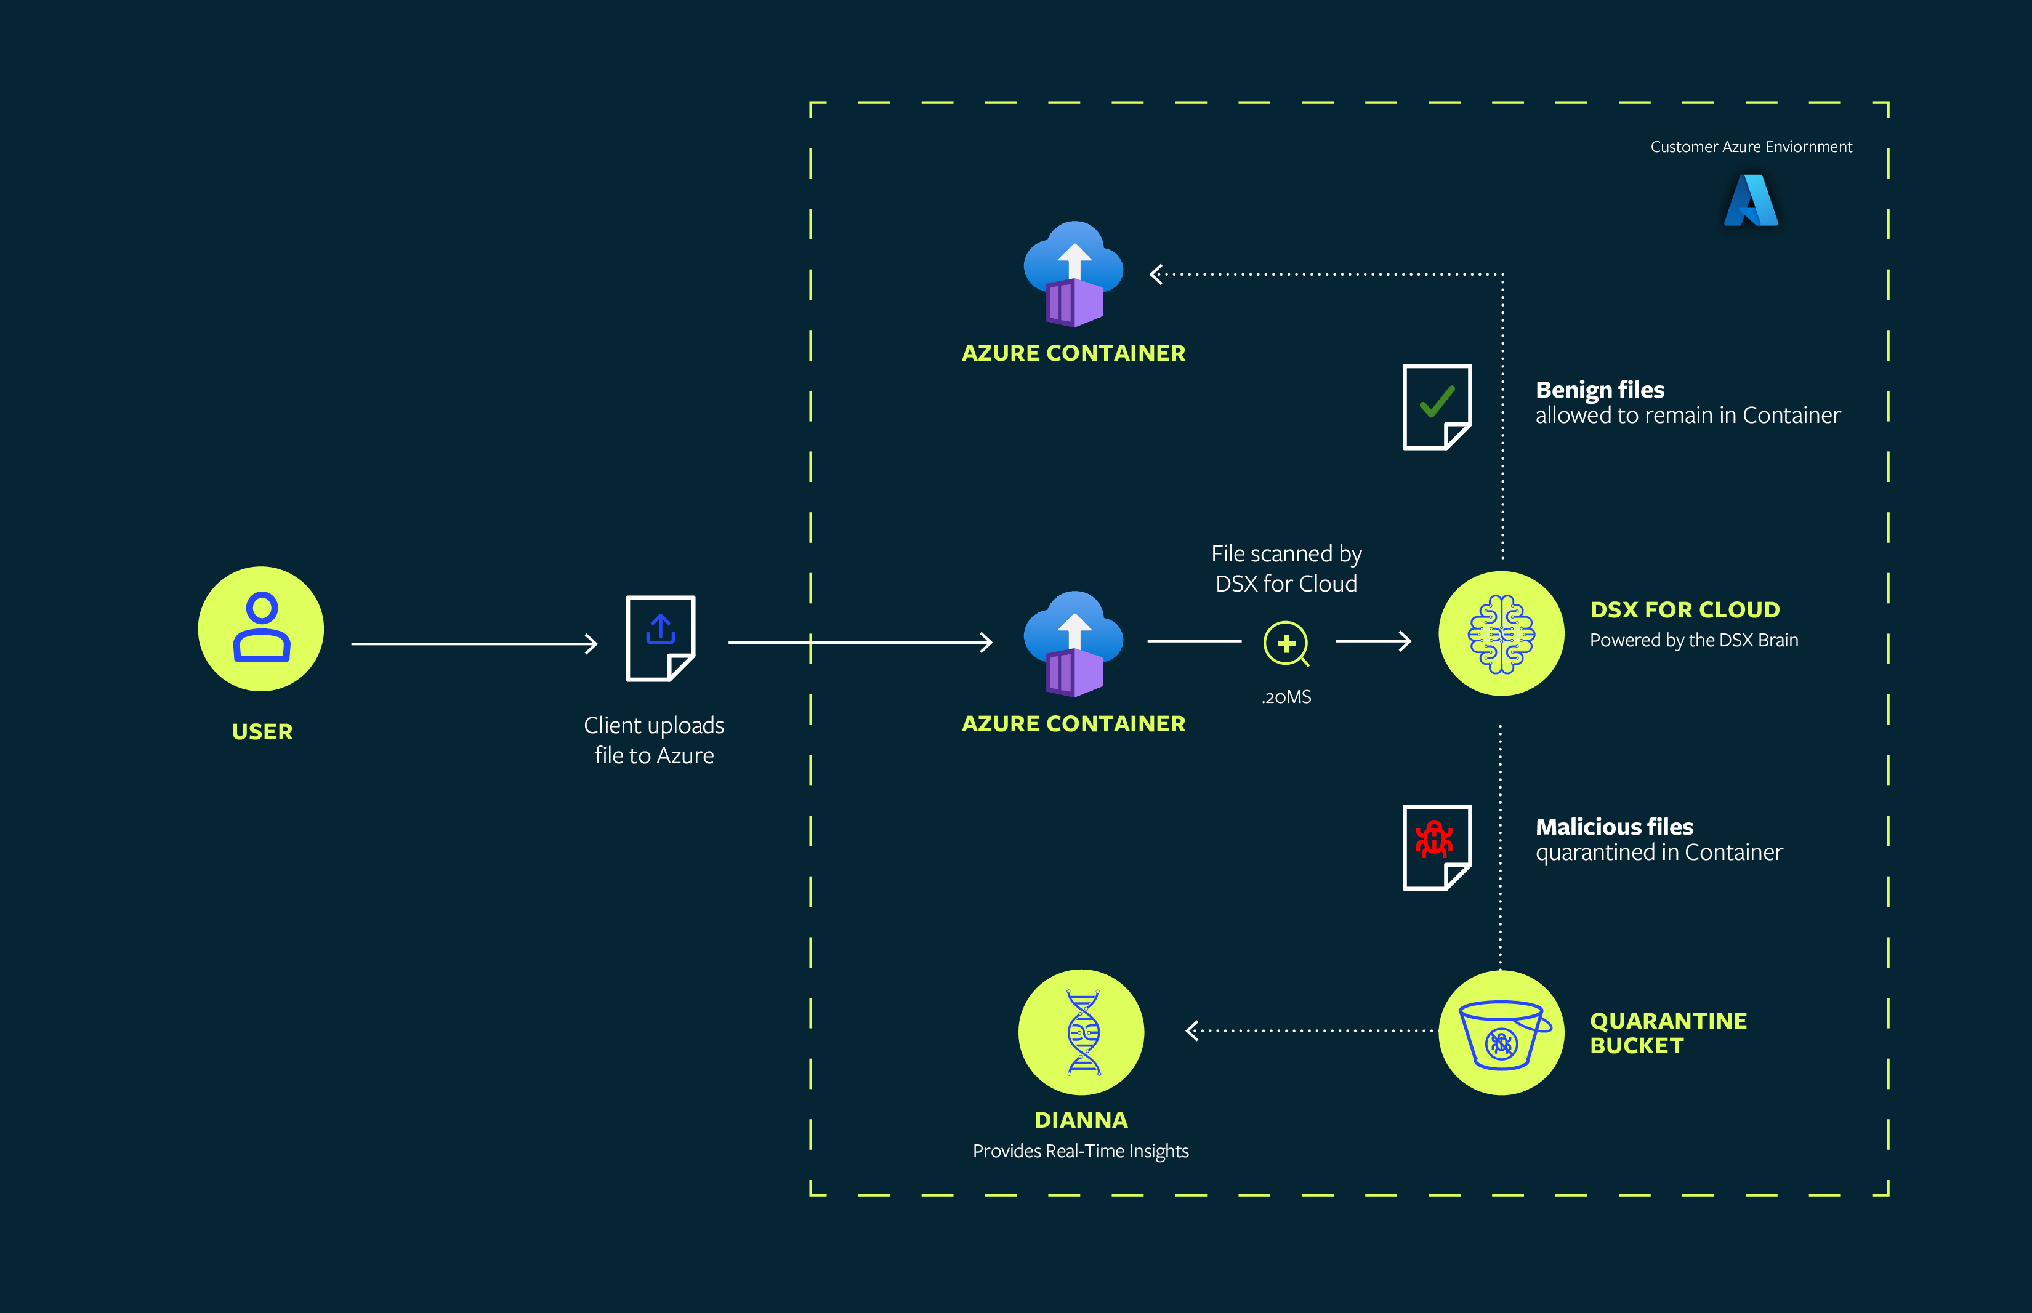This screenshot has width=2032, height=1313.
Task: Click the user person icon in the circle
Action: pos(261,628)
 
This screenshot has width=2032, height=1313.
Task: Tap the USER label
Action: pos(262,731)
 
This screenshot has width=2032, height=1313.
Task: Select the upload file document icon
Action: pos(660,638)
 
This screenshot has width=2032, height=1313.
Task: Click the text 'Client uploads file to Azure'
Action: pos(654,740)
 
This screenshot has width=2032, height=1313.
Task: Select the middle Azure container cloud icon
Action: pos(1073,644)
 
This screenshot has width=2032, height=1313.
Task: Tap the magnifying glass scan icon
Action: pos(1286,644)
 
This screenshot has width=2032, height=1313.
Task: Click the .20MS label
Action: pos(1286,697)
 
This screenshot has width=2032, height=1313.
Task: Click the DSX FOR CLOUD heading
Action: pos(1684,609)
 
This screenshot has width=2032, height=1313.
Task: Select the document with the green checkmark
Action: pos(1437,407)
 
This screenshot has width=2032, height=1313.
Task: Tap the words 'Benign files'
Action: pos(1599,390)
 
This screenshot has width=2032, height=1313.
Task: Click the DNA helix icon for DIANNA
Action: pos(1081,1032)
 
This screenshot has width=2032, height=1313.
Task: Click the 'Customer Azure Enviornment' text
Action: pos(1751,147)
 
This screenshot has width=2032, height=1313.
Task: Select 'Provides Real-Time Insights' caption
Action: pos(1081,1151)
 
